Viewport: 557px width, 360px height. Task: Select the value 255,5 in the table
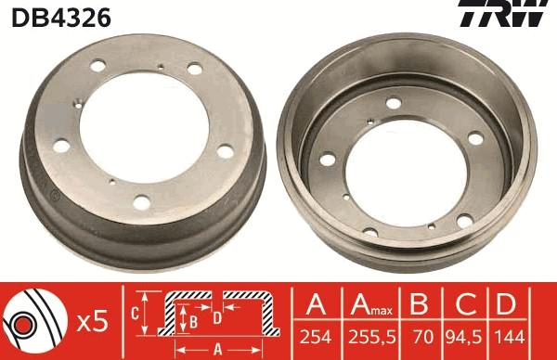368,338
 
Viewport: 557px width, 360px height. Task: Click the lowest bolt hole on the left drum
141,200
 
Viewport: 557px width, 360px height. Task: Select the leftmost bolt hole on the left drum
62,144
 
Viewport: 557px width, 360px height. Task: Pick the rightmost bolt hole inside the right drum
475,139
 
